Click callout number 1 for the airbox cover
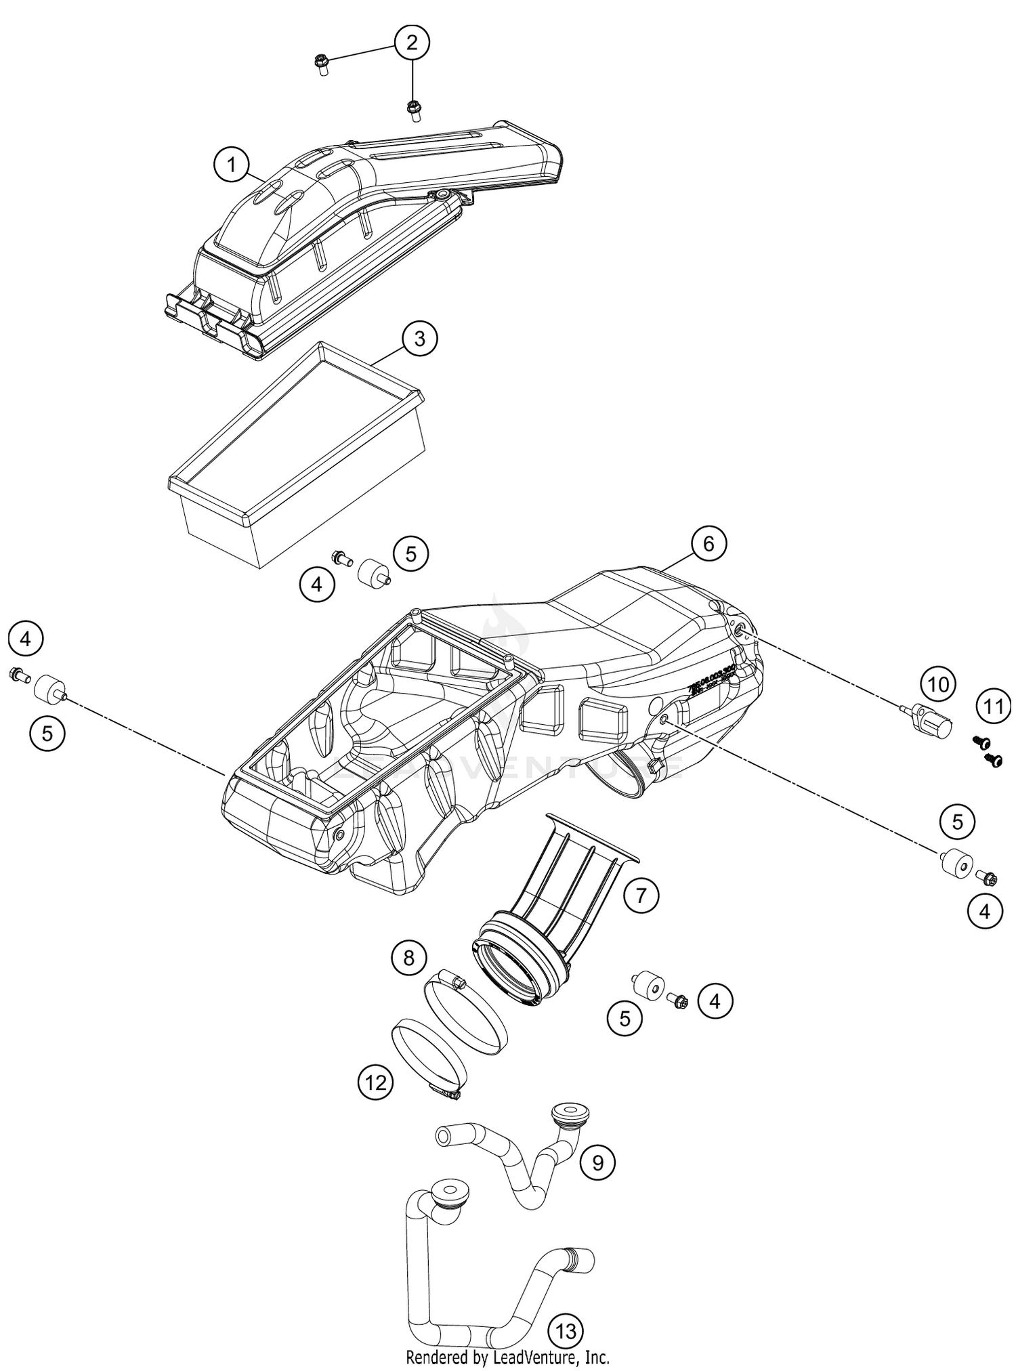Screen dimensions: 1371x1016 [232, 165]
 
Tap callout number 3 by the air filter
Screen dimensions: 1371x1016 [419, 338]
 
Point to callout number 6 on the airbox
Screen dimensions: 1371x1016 [708, 543]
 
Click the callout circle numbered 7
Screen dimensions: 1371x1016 [641, 895]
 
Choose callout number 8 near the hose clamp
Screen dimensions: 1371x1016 [408, 958]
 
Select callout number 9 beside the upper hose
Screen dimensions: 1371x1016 [597, 1162]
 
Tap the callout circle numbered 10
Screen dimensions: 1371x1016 [938, 685]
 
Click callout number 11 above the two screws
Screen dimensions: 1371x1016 [993, 707]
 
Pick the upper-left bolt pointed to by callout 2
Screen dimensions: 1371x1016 [321, 65]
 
